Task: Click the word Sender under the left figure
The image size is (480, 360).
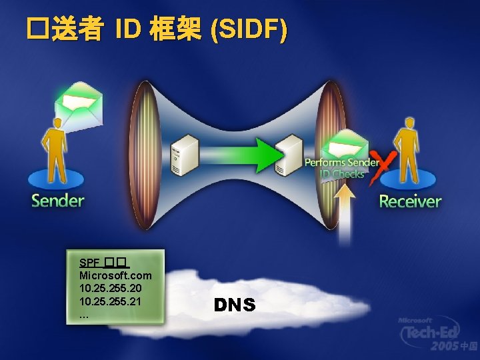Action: tap(58, 201)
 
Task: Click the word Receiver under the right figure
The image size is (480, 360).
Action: tap(410, 201)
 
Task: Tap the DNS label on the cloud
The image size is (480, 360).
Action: tap(235, 305)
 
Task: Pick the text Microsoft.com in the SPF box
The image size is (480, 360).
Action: tap(115, 275)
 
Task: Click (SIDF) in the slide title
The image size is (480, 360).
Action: tap(249, 30)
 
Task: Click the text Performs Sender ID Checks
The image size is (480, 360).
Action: tap(341, 168)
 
